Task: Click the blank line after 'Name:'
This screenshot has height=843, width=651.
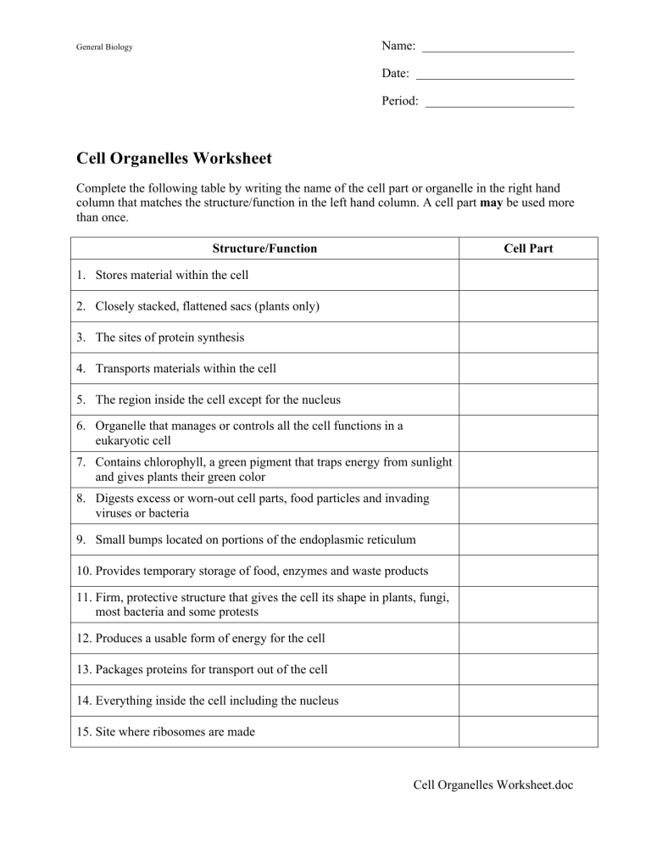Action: tap(498, 49)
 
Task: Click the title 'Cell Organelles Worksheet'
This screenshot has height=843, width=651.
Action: tap(174, 158)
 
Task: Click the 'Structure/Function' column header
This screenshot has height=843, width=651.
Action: tap(265, 248)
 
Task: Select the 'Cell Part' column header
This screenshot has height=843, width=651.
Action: tap(528, 248)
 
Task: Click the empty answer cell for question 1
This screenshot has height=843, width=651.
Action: tap(528, 275)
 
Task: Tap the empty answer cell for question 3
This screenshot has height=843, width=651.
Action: tap(528, 338)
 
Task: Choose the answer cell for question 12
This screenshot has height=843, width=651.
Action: tap(528, 638)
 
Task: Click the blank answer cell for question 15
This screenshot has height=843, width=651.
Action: tap(528, 731)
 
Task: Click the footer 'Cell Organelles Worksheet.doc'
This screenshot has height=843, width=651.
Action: tap(492, 785)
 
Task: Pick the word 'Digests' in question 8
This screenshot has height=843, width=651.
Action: tap(116, 498)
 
